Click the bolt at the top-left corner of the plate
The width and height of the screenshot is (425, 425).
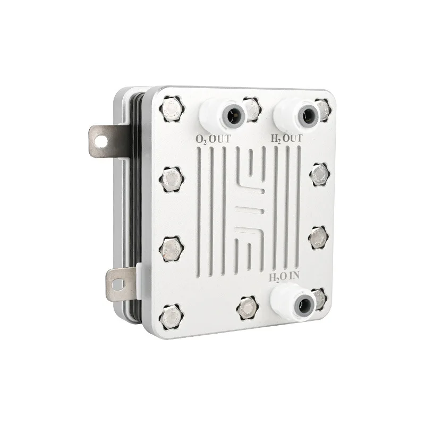171,108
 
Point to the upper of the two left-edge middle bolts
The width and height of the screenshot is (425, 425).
171,179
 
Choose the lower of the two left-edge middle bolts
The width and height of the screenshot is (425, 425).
171,246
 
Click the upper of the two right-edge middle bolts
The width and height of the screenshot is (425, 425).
319,173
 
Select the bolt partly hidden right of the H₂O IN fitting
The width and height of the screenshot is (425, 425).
320,298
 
